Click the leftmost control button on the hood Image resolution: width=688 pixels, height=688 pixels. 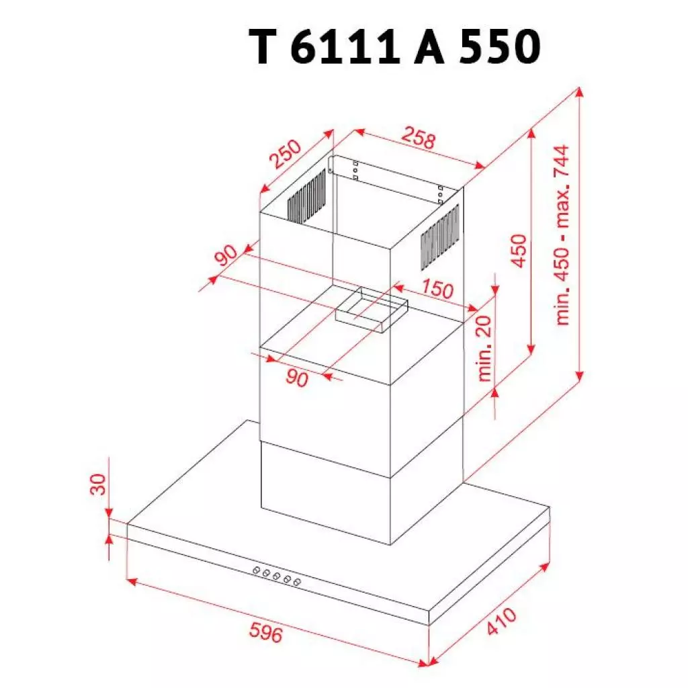point(257,570)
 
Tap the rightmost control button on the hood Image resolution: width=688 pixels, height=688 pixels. point(297,582)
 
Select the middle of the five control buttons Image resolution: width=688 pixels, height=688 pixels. point(277,576)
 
